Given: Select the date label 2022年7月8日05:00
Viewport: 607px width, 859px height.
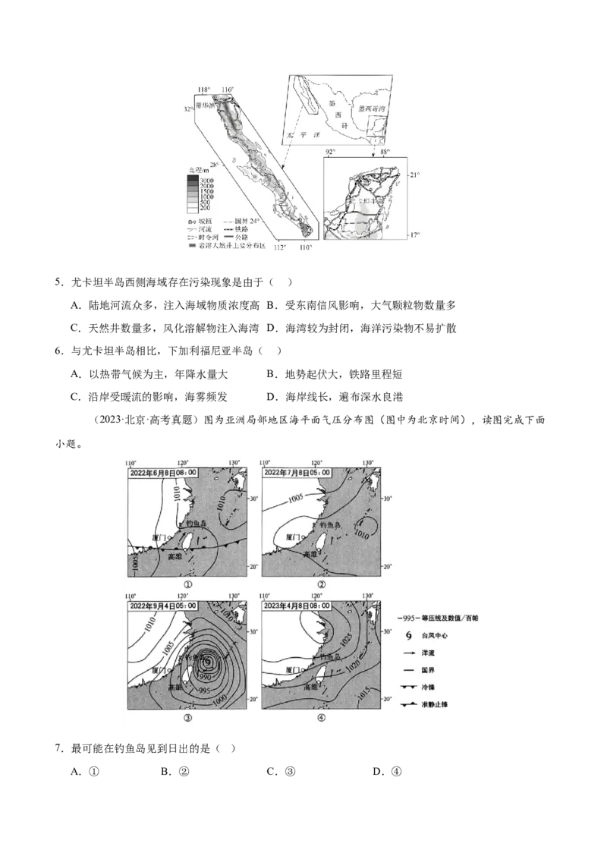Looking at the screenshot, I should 297,472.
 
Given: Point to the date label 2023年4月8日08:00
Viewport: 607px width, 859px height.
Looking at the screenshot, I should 297,605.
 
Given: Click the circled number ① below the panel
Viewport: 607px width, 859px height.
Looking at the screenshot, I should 187,585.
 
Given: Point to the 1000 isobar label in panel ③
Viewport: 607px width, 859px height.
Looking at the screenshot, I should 219,700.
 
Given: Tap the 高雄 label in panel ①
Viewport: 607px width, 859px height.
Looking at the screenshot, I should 175,555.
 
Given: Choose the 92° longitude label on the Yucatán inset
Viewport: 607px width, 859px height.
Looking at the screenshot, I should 330,153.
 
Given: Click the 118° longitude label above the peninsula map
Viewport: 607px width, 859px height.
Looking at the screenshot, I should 203,90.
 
